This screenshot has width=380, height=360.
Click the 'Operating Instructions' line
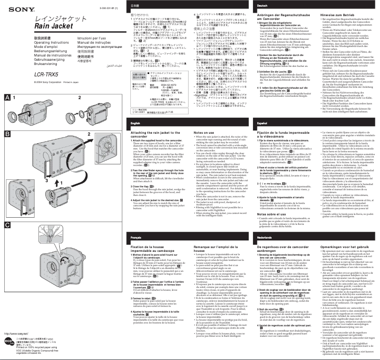point(52,42)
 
